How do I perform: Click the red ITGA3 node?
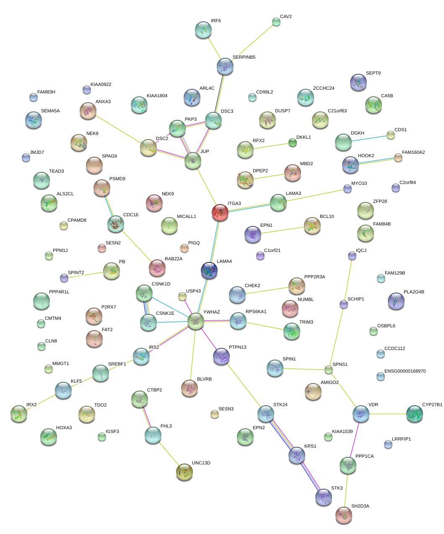click(220, 213)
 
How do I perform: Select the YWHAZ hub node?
click(196, 321)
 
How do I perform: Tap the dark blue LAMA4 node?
click(209, 271)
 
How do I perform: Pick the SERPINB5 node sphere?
click(225, 66)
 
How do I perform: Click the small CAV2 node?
click(276, 22)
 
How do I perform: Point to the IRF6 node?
click(203, 30)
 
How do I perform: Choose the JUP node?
click(193, 161)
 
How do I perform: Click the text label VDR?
click(373, 405)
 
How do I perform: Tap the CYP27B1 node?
click(415, 414)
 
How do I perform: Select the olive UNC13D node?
click(184, 472)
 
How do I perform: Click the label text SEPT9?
click(373, 73)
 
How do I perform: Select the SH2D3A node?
click(344, 515)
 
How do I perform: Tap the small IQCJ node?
click(352, 256)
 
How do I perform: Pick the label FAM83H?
click(46, 92)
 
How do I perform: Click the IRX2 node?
click(19, 414)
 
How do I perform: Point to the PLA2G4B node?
click(396, 301)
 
